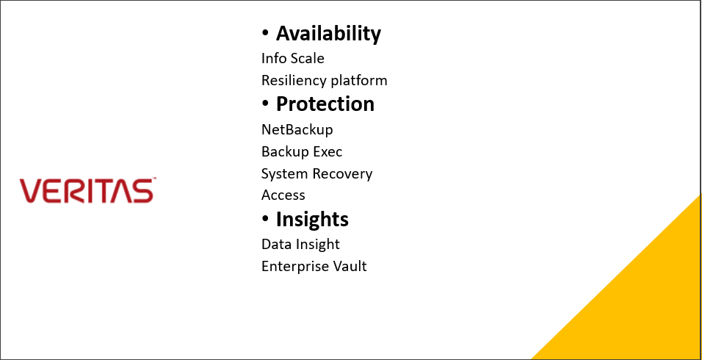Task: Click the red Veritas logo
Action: point(87,190)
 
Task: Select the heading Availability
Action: point(328,33)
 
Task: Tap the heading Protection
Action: point(325,104)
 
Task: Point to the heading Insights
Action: point(312,219)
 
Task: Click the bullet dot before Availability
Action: point(265,33)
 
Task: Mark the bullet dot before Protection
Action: point(265,104)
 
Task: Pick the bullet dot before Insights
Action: point(265,219)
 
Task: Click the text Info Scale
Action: point(293,58)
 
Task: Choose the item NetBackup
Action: point(297,129)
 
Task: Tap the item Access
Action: point(283,195)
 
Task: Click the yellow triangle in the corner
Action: point(645,304)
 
